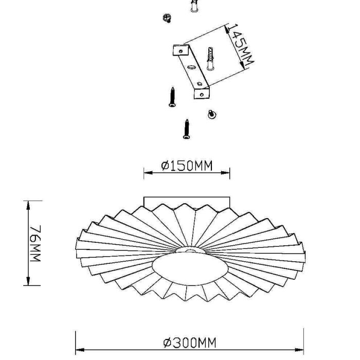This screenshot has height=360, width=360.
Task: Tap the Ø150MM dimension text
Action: [187, 166]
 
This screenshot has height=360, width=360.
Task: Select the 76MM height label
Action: [35, 243]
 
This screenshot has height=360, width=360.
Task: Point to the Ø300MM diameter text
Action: [190, 343]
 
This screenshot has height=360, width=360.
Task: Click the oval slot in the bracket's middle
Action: [191, 67]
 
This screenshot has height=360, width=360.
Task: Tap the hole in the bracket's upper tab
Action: [181, 51]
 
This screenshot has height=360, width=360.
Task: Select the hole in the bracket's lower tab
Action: [202, 94]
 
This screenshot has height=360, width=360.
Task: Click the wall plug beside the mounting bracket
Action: [210, 59]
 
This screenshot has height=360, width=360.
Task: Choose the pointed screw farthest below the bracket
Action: [187, 129]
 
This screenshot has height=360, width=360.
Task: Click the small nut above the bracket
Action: [167, 17]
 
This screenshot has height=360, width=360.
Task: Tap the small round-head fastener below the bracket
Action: [211, 114]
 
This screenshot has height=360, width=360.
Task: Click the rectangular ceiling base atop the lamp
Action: [187, 202]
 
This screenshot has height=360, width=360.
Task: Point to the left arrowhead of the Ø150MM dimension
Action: [148, 173]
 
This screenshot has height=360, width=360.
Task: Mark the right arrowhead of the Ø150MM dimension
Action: [225, 173]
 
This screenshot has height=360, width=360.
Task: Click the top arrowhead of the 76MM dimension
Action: [28, 205]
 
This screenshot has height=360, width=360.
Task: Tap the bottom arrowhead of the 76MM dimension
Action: [28, 281]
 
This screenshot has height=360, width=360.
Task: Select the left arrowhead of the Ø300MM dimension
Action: [80, 350]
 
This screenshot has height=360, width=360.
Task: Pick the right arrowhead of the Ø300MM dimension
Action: [299, 350]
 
